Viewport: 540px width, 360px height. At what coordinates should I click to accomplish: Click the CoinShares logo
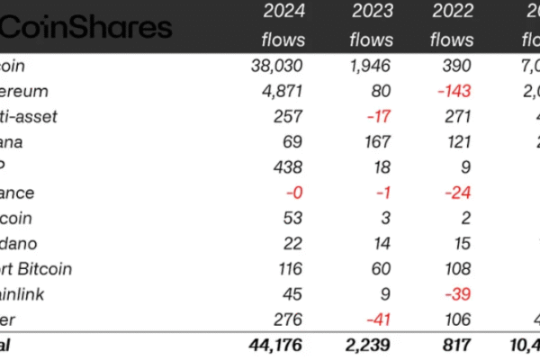pos(85,27)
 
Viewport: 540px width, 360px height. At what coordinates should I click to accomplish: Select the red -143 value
pos(453,91)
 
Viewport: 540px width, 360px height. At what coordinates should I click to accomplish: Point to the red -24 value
pos(456,193)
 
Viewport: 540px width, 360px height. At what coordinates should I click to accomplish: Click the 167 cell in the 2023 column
pos(377,142)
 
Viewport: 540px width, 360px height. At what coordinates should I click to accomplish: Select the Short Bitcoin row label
pos(36,269)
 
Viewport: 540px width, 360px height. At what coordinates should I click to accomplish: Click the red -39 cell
pos(456,294)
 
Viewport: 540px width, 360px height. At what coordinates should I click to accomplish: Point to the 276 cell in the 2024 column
pos(289,319)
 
